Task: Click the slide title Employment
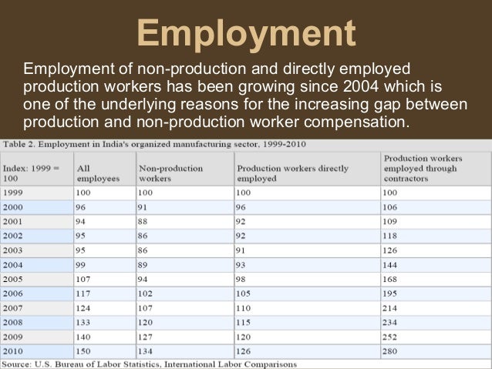[246, 35]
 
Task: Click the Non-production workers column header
[170, 172]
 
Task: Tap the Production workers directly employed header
[292, 172]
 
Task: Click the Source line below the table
[149, 364]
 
